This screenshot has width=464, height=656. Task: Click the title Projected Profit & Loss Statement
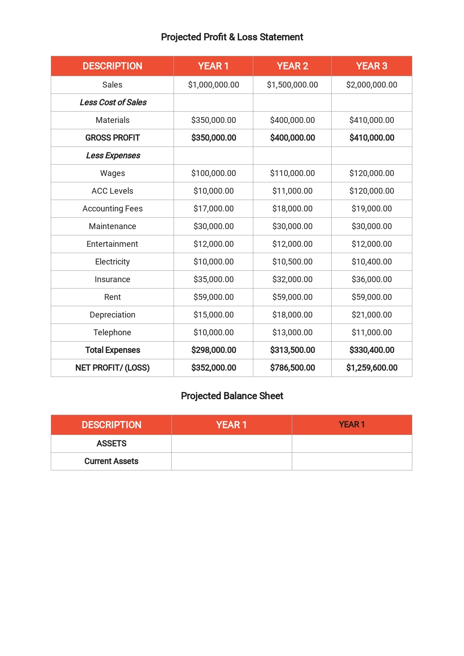[x=232, y=37]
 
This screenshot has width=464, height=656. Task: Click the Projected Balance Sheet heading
[x=232, y=396]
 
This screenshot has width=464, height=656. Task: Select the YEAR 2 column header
[x=292, y=66]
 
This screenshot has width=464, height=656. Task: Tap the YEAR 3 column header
[x=372, y=66]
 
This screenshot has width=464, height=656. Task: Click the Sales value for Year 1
[x=213, y=85]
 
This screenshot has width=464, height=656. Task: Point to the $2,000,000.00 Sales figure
[x=372, y=85]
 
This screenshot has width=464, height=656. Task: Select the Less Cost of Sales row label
[x=113, y=103]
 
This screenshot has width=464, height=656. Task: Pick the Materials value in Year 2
[x=292, y=120]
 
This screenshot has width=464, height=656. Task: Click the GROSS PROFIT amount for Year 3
[x=372, y=138]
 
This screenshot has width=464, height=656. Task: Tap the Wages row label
[x=112, y=173]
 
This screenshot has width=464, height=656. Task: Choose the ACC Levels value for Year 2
[x=292, y=191]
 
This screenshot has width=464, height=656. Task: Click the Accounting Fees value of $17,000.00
[x=213, y=209]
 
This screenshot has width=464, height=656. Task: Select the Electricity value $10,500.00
[x=292, y=262]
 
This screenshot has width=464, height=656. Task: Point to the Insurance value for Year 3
[x=372, y=279]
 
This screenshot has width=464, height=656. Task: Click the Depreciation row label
[x=112, y=315]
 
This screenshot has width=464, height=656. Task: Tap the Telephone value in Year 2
[x=292, y=333]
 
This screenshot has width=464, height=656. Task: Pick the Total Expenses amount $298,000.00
[x=213, y=350]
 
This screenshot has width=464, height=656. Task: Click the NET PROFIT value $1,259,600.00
[x=372, y=368]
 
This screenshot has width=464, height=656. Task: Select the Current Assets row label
[x=111, y=461]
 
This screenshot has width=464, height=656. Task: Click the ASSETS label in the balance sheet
[x=111, y=444]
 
